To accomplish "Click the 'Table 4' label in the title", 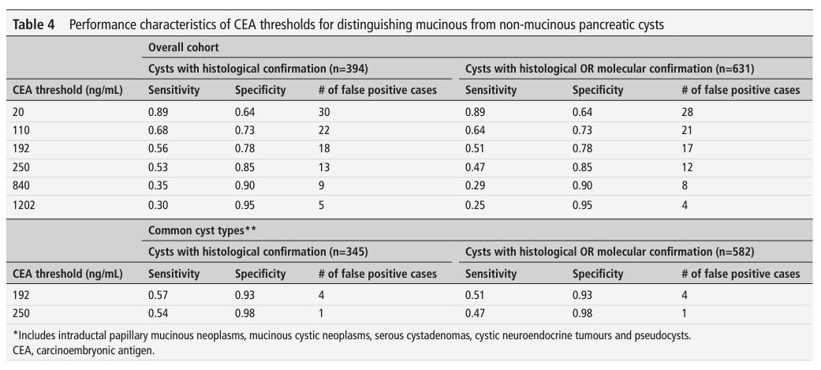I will point(35,24).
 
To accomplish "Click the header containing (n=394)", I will point(258,69).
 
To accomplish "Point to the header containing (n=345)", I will point(258,252).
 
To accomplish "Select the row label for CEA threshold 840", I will point(23,186).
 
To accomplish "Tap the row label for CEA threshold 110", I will point(23,130).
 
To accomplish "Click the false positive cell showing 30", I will point(323,112).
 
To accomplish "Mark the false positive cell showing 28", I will point(687,112).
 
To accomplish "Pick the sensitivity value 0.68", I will point(159,130).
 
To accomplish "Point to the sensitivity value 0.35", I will point(159,186).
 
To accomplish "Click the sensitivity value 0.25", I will point(476,204).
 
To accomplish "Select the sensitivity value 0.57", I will point(159,295).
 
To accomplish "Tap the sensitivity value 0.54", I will point(159,313).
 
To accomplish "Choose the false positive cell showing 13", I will point(323,167).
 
